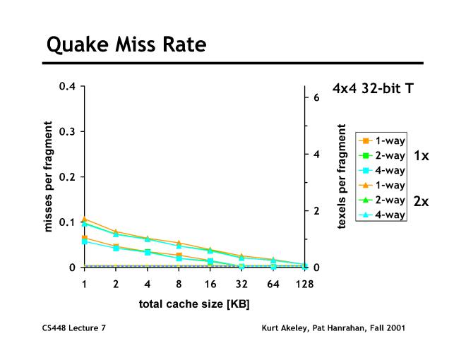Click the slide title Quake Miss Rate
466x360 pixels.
coord(126,46)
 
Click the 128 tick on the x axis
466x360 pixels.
coord(305,284)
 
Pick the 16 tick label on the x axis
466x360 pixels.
coord(210,284)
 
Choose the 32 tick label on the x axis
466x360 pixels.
coord(241,284)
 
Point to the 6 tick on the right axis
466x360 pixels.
coord(316,97)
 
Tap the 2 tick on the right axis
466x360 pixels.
coord(316,211)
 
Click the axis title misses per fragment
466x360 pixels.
coord(48,177)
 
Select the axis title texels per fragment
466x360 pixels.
coord(342,176)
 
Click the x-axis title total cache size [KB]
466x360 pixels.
coord(194,304)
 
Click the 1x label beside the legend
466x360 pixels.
coord(421,155)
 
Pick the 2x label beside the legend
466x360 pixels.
coord(421,201)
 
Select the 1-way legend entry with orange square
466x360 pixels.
coord(381,140)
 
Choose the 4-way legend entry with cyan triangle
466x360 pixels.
coord(381,215)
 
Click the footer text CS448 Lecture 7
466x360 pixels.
coord(77,328)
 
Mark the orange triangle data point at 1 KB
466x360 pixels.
coord(85,219)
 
